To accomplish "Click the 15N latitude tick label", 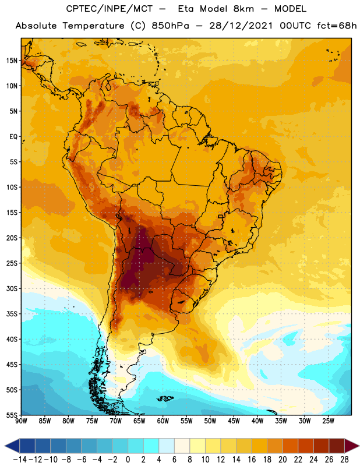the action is (x=12, y=61).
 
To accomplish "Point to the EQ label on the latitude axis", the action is (x=13, y=137).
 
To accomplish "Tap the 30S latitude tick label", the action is (x=12, y=288).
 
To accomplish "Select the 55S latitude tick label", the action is (x=12, y=415).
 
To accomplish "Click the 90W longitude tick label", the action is (x=21, y=421).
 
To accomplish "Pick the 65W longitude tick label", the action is (x=139, y=421).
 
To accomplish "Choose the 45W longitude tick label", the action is (x=234, y=421).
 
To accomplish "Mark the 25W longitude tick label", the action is (x=328, y=421).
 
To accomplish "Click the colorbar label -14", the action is (x=20, y=460).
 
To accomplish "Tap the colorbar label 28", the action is (x=344, y=460).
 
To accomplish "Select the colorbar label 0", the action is (x=128, y=460).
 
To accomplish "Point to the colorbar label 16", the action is (x=252, y=460).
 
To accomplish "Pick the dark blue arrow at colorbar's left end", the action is (x=12, y=446).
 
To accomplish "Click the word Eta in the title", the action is (x=186, y=9).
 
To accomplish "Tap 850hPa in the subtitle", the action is (x=170, y=26).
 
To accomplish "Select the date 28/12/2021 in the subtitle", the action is (x=241, y=26).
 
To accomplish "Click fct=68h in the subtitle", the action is (x=337, y=26).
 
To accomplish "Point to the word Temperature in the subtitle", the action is (x=93, y=26).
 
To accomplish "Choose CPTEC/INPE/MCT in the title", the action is (x=110, y=9).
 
